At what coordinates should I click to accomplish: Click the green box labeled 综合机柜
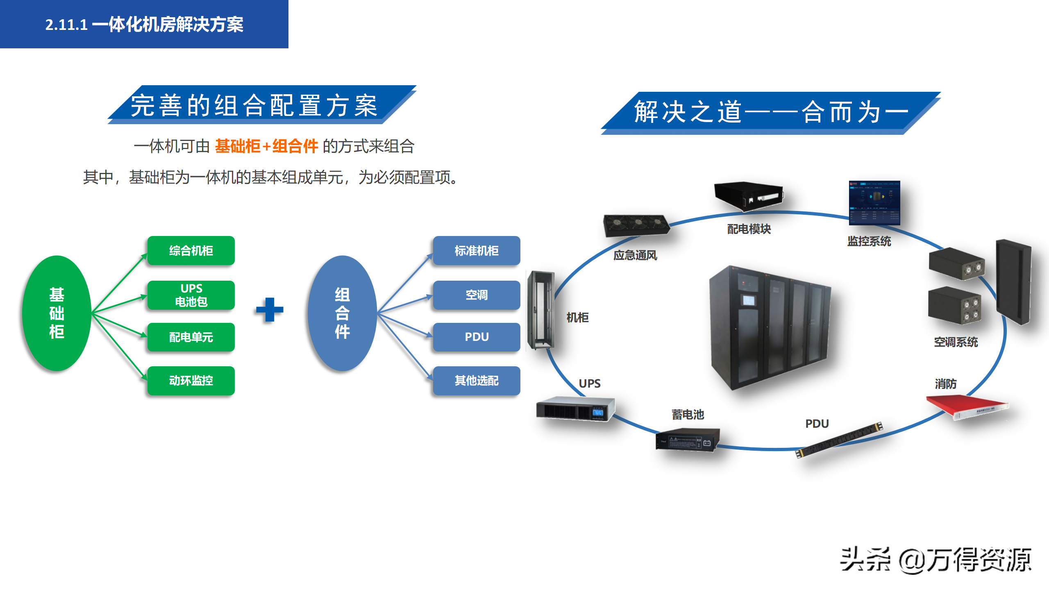pos(191,251)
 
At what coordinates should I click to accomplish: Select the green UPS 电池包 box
pos(191,295)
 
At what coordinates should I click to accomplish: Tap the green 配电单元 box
pos(191,337)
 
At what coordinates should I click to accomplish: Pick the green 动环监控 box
pos(191,381)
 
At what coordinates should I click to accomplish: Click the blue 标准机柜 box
pos(477,251)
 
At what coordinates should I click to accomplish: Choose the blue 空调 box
pos(477,295)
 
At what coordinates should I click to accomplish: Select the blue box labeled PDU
pos(477,337)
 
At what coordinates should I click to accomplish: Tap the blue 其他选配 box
pos(477,381)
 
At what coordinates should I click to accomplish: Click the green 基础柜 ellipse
pos(57,313)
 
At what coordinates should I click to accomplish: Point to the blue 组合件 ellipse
pos(342,313)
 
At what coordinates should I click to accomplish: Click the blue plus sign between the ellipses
pos(270,310)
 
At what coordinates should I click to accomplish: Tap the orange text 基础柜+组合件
pos(266,146)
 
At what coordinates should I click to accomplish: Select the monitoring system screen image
pos(874,203)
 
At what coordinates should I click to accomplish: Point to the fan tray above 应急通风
pos(636,225)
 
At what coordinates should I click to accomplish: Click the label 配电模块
pos(749,229)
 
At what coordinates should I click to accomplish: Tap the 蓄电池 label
pos(688,415)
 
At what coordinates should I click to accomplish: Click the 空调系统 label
pos(956,342)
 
